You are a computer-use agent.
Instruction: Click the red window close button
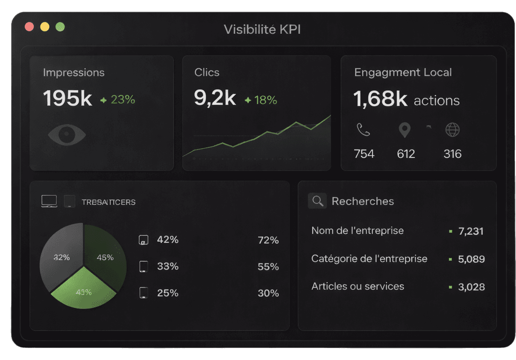[x=29, y=27]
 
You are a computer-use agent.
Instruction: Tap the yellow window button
[x=45, y=27]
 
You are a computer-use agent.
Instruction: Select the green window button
[x=60, y=27]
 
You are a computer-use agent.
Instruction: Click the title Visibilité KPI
[x=262, y=29]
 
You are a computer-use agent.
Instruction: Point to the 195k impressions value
[x=67, y=99]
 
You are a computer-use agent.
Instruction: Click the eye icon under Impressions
[x=67, y=134]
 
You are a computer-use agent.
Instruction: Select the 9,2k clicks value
[x=215, y=98]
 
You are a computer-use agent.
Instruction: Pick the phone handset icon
[x=363, y=130]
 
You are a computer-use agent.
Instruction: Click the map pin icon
[x=404, y=131]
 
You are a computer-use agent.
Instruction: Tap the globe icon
[x=452, y=130]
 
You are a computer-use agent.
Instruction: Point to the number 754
[x=364, y=154]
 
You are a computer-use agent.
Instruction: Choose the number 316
[x=452, y=154]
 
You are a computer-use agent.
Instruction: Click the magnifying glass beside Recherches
[x=317, y=201]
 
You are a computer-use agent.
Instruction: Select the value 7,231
[x=471, y=231]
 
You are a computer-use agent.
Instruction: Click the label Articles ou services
[x=358, y=286]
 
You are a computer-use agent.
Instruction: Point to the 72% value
[x=268, y=240]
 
